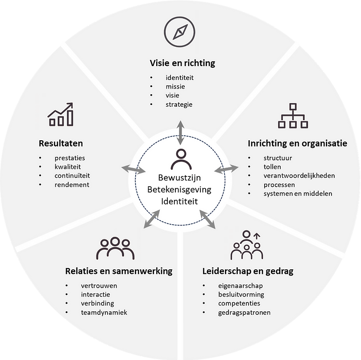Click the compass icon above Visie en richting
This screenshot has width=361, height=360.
click(x=179, y=32)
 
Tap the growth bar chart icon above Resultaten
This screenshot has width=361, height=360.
click(x=61, y=114)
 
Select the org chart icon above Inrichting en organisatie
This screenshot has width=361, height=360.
click(x=293, y=116)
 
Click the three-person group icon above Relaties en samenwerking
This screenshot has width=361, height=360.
click(x=115, y=248)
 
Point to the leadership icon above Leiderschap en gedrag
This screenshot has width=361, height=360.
click(x=247, y=245)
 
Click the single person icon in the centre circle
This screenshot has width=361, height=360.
click(x=181, y=159)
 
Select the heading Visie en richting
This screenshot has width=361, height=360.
click(x=183, y=63)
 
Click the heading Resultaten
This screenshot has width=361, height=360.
click(x=61, y=143)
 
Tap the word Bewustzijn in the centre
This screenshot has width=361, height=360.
click(x=179, y=178)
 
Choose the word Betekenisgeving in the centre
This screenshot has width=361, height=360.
click(x=179, y=190)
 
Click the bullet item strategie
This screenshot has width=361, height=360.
click(x=179, y=105)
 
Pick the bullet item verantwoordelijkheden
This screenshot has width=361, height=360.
click(x=299, y=176)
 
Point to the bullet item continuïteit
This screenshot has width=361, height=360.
click(x=72, y=176)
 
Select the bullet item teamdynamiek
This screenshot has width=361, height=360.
click(x=104, y=313)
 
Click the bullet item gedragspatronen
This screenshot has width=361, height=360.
click(x=244, y=313)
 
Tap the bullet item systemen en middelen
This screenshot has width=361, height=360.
click(x=298, y=193)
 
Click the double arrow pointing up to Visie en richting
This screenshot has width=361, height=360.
click(x=180, y=133)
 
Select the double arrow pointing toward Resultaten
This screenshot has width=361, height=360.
click(x=133, y=169)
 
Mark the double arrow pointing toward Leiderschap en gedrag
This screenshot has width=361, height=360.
click(x=207, y=219)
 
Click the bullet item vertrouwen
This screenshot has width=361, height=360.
click(x=99, y=286)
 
